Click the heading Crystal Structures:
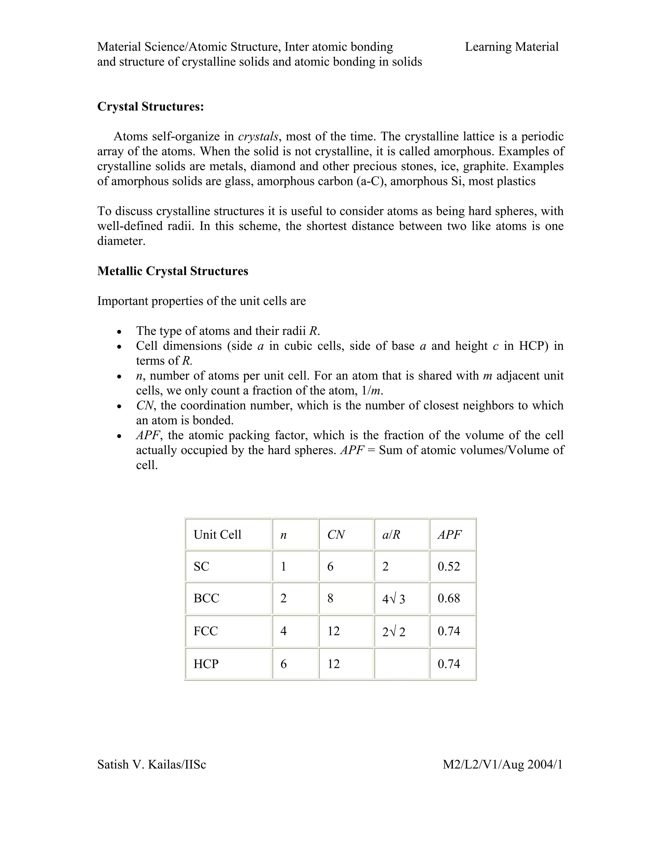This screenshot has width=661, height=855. [150, 106]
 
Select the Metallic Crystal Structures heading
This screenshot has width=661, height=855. [172, 271]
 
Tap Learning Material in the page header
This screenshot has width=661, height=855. [512, 47]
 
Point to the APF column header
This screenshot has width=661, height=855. [450, 535]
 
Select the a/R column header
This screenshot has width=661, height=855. [391, 535]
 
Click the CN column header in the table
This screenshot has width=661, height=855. [336, 535]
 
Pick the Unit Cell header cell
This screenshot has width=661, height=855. [217, 535]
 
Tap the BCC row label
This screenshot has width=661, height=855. [206, 598]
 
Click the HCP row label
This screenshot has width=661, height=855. [206, 664]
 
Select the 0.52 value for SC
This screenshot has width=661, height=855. [449, 567]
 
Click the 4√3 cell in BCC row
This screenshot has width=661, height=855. [393, 598]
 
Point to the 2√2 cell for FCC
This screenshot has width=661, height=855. [393, 631]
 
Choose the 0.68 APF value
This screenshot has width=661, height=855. [449, 598]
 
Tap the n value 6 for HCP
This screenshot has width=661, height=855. [283, 664]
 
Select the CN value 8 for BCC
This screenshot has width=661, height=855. [330, 598]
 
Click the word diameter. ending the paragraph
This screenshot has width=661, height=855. [121, 241]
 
